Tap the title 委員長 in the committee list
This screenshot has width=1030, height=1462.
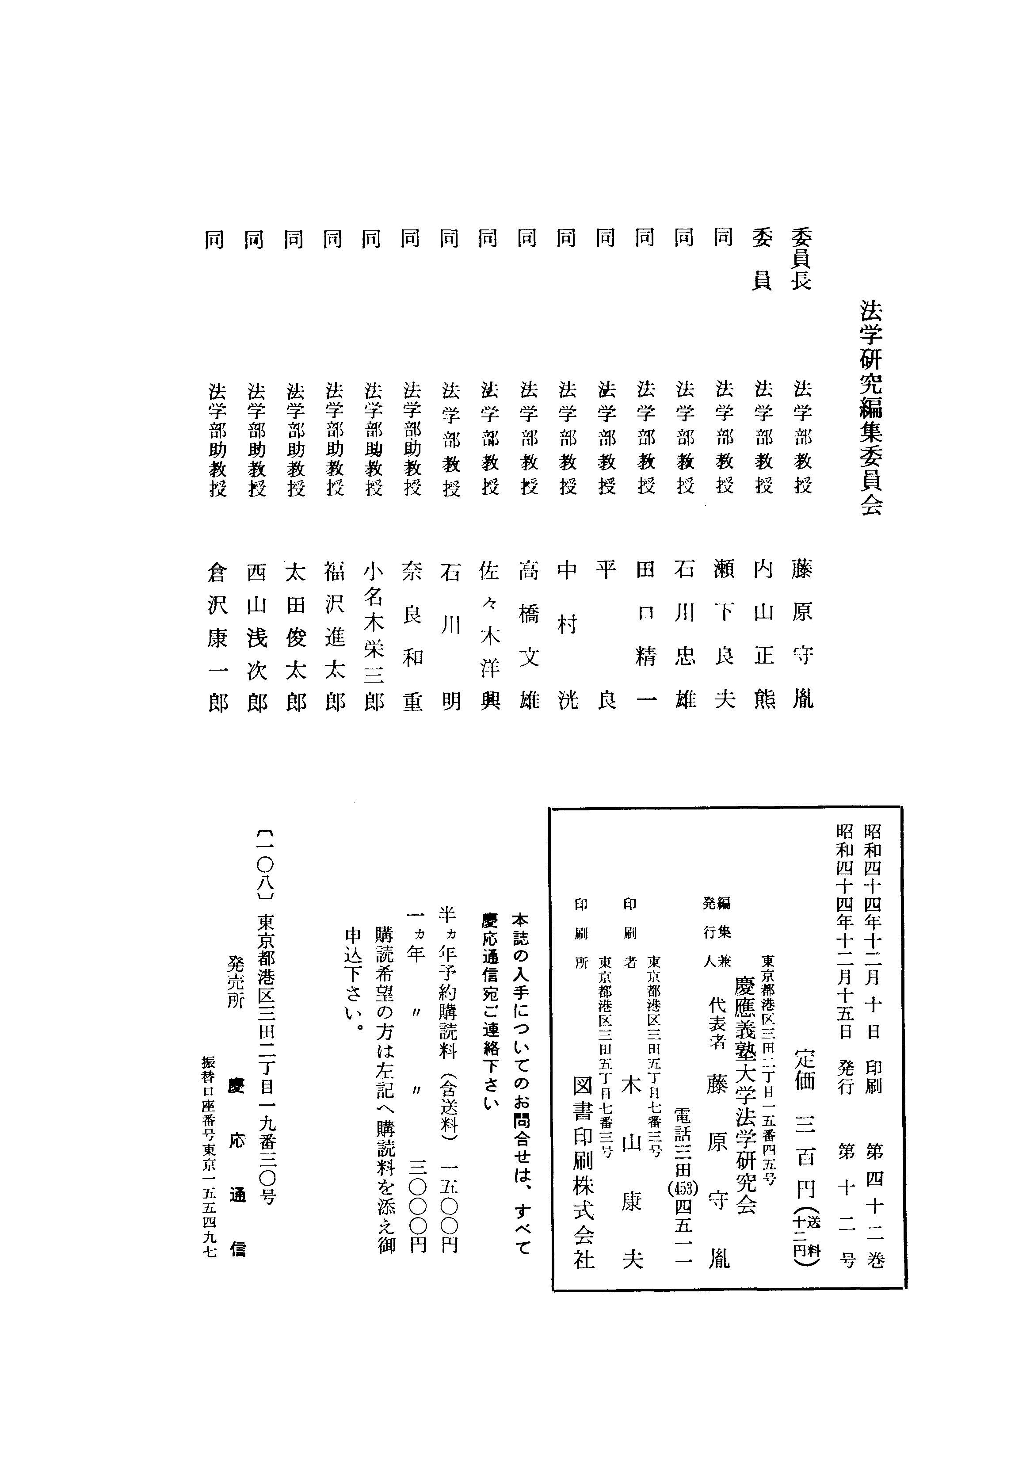click(801, 260)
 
